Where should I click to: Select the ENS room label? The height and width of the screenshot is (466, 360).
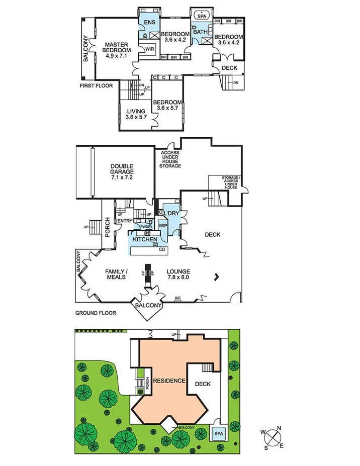coord(149,23)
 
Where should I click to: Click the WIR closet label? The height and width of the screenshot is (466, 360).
coord(149,49)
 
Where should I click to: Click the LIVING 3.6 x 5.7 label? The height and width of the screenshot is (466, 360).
coord(136,114)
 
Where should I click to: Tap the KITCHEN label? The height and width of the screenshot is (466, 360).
coord(146,239)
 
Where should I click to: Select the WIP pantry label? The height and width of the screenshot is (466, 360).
coord(163,226)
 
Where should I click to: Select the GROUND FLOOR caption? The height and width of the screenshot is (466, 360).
coord(96,313)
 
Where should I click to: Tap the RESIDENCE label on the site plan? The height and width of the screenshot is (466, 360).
coord(169,381)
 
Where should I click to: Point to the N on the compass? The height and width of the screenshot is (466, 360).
coord(280,428)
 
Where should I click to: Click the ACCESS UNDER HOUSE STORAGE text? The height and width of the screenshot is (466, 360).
coord(170,159)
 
